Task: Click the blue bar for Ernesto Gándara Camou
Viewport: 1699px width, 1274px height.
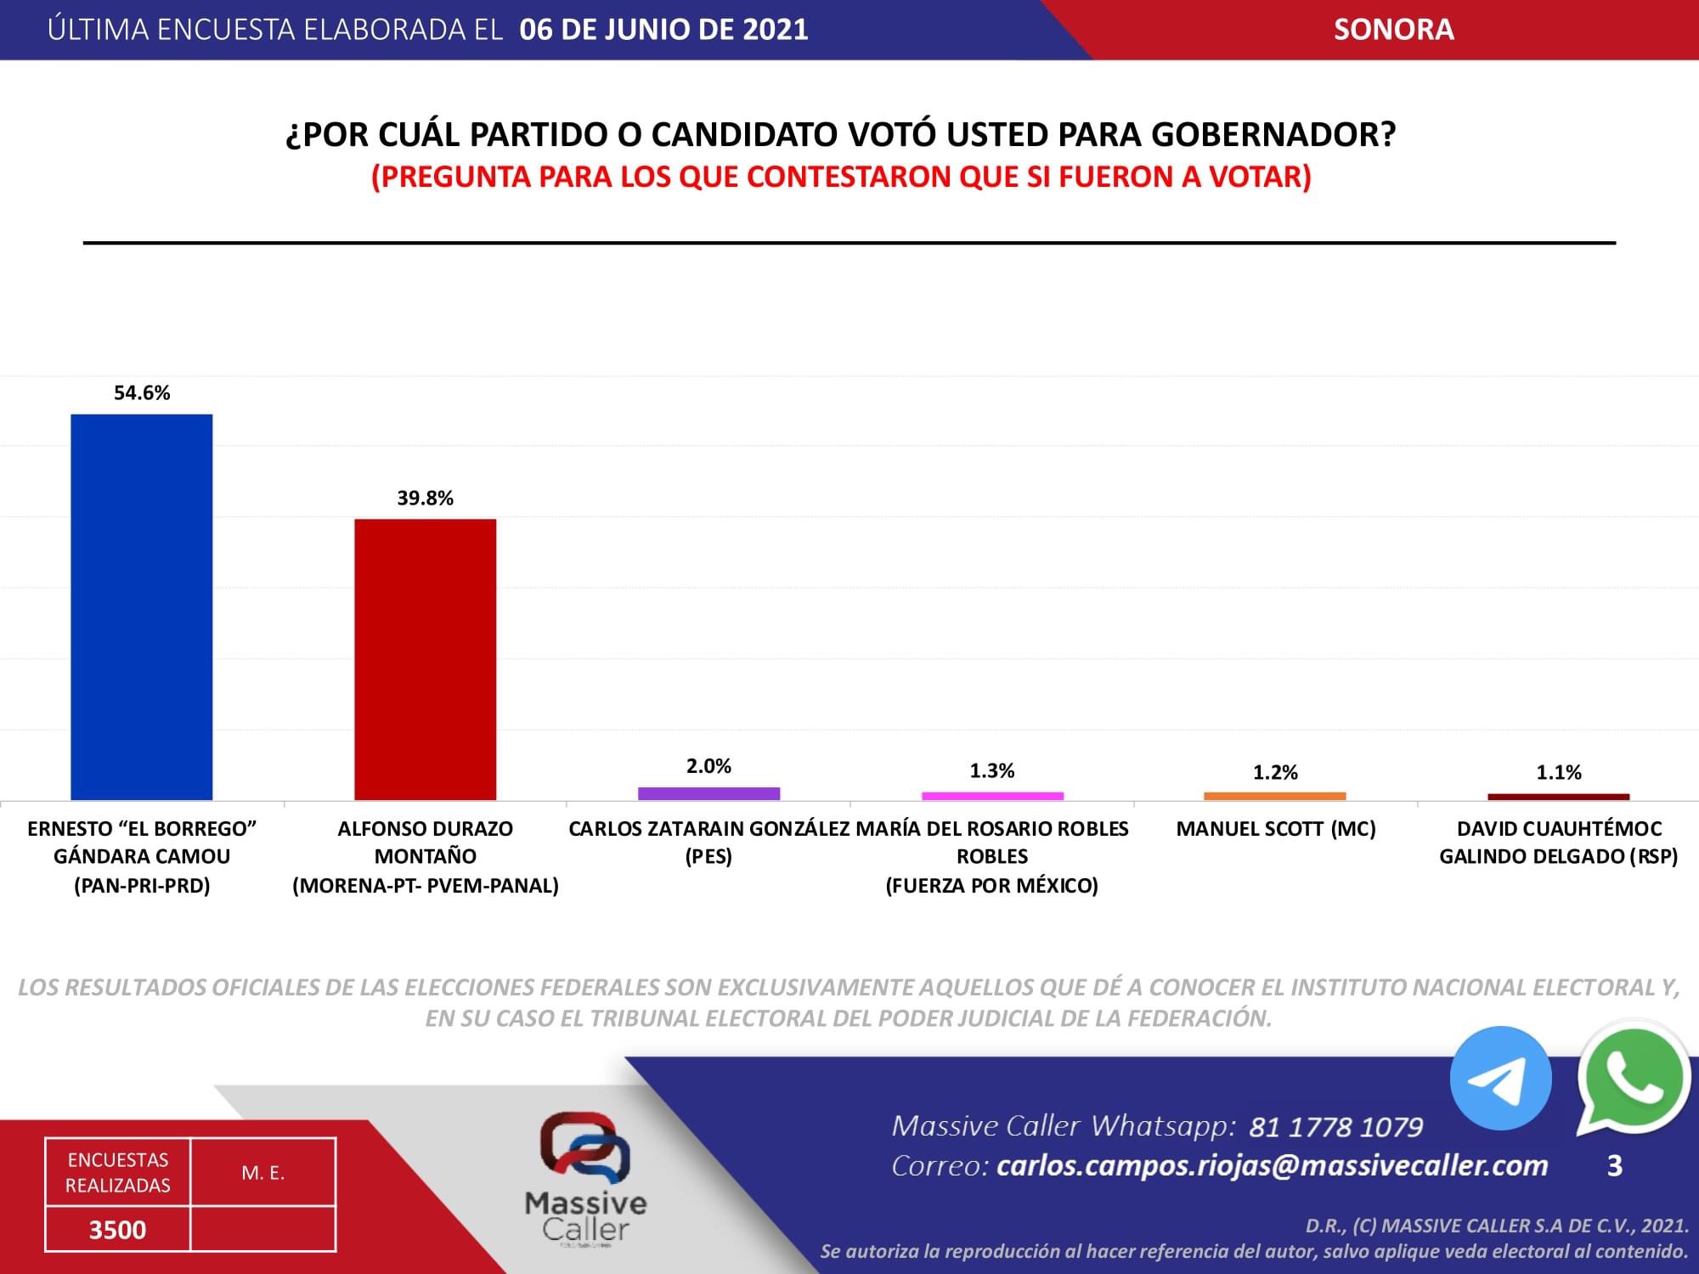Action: (141, 606)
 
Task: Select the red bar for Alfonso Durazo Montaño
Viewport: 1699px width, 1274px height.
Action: (425, 659)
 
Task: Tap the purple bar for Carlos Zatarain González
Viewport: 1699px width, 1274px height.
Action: (708, 793)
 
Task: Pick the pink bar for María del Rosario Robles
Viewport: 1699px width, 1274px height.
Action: (992, 796)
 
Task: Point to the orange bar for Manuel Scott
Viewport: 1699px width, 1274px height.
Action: (1274, 796)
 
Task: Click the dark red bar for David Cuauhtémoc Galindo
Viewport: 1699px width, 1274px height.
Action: (1558, 797)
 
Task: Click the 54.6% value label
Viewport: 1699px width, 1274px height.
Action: (142, 392)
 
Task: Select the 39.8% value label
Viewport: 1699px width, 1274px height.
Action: (425, 498)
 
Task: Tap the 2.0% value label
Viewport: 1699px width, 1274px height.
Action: (708, 766)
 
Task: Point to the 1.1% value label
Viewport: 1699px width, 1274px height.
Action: (1558, 772)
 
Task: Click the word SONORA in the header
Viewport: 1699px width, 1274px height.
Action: (1393, 30)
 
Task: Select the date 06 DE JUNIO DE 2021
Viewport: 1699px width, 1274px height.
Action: (663, 30)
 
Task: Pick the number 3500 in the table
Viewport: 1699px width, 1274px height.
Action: (117, 1229)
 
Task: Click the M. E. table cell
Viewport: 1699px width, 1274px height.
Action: (263, 1173)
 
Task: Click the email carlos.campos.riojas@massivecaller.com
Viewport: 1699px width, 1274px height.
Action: (1272, 1165)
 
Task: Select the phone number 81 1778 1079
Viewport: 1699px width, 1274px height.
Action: (1335, 1127)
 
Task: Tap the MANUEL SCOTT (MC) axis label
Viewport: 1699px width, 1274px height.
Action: (1275, 828)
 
